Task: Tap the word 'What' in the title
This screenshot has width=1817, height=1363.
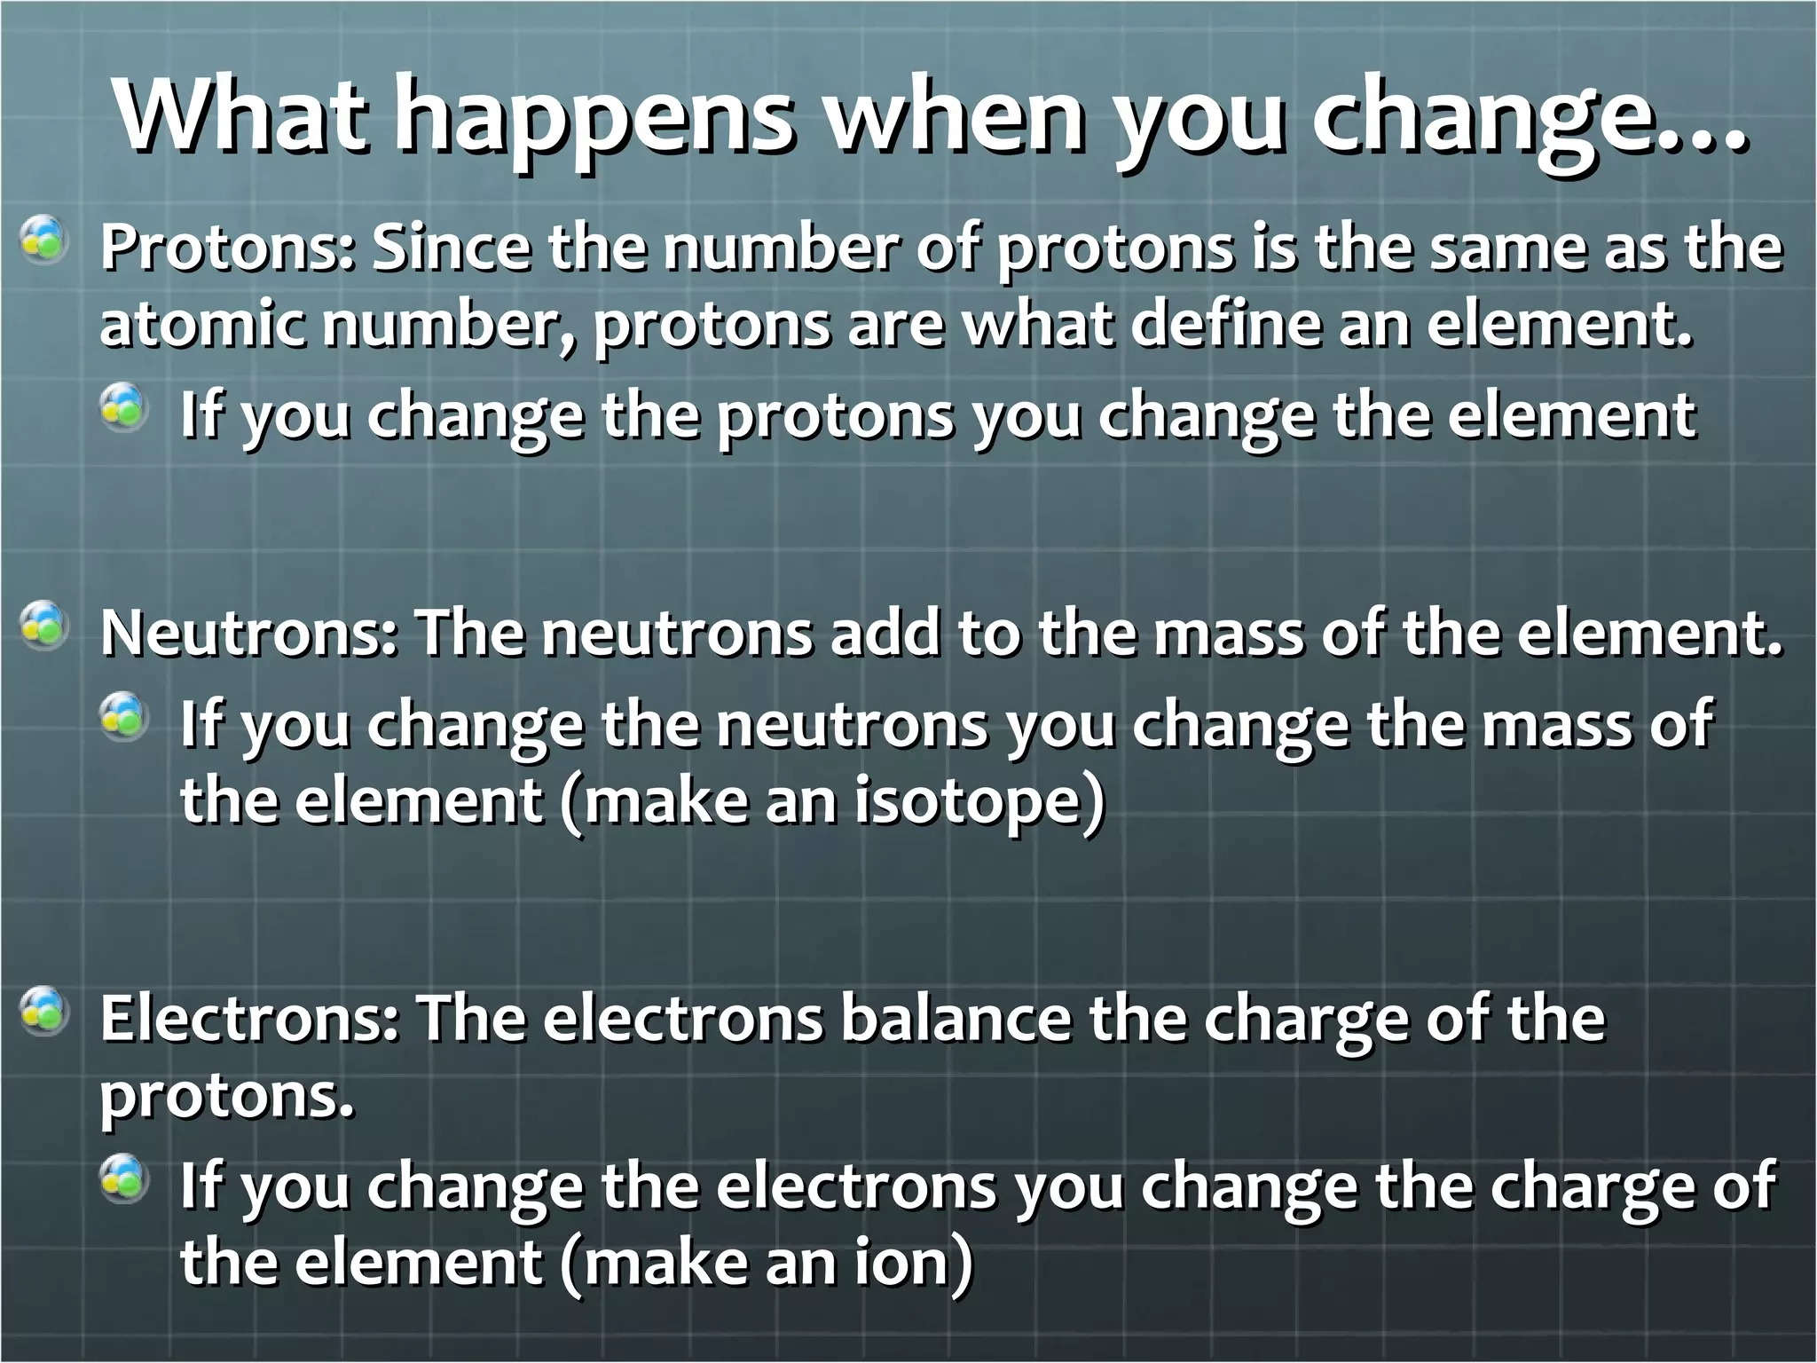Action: click(x=239, y=116)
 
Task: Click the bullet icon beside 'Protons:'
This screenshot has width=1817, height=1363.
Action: click(x=43, y=241)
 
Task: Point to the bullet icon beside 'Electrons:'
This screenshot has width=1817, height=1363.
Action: click(x=43, y=1012)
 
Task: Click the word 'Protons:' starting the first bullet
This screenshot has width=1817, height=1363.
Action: click(x=227, y=248)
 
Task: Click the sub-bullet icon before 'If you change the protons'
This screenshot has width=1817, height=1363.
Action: click(x=122, y=408)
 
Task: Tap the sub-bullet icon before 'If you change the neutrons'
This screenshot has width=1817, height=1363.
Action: click(x=122, y=717)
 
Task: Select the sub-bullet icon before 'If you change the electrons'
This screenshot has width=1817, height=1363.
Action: click(x=122, y=1178)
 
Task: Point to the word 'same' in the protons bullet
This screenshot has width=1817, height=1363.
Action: click(x=1504, y=248)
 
